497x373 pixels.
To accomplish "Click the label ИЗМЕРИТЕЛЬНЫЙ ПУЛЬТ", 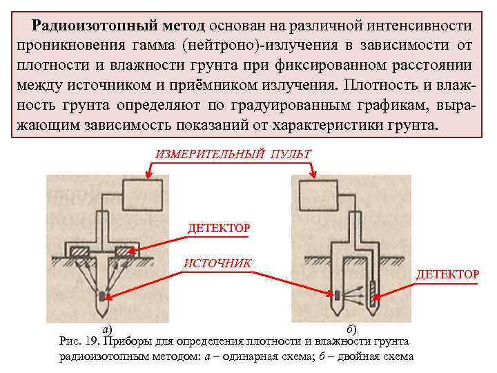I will pyautogui.click(x=233, y=153).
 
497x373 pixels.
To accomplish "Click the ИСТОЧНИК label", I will pyautogui.click(x=217, y=262).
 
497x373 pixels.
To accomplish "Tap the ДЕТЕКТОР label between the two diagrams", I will pyautogui.click(x=219, y=227).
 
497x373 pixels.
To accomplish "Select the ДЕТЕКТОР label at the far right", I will pyautogui.click(x=447, y=274).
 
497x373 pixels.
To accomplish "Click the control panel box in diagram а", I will pyautogui.click(x=143, y=194).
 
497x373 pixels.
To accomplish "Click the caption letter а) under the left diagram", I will pyautogui.click(x=106, y=329).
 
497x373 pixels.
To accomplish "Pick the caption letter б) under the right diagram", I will pyautogui.click(x=350, y=329).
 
